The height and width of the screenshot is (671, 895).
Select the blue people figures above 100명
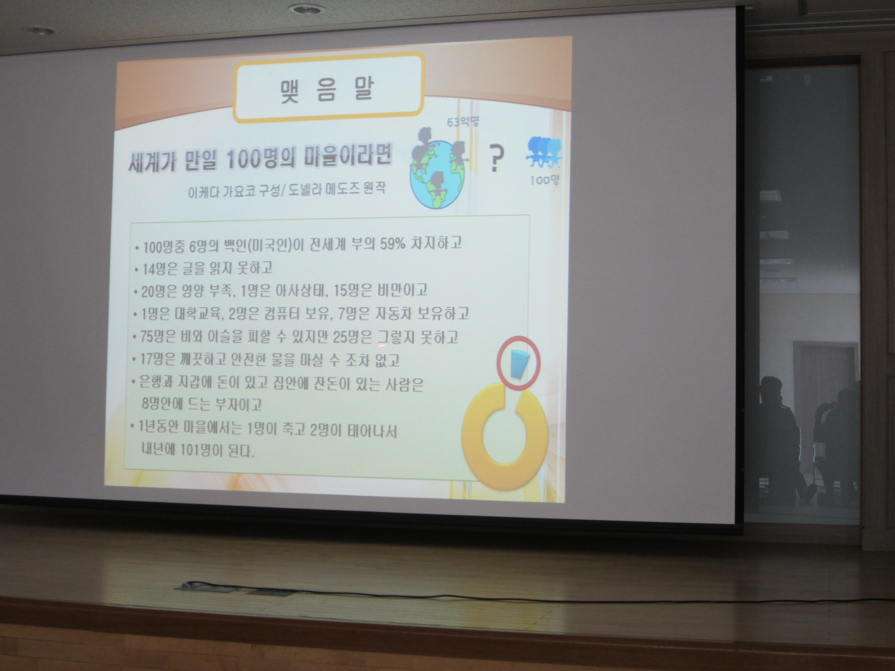click(x=544, y=153)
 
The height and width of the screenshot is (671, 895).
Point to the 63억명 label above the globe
click(x=462, y=122)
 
